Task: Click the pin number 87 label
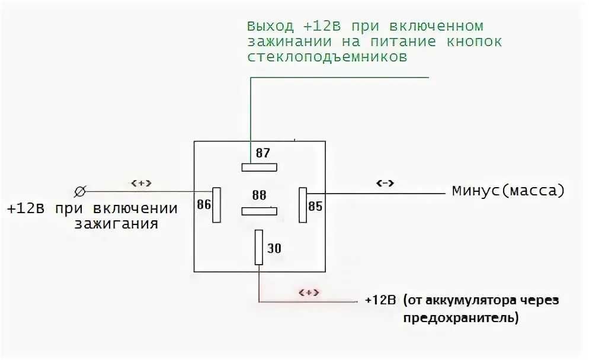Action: tap(263, 153)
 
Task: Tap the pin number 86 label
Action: tap(204, 205)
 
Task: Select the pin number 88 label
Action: tap(259, 195)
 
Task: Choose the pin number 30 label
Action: tap(274, 249)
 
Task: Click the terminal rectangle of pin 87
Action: tap(259, 167)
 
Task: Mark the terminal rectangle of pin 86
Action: tap(217, 205)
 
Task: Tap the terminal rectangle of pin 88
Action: tap(259, 210)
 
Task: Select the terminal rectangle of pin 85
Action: tap(302, 205)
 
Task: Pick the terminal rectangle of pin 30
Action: tap(259, 247)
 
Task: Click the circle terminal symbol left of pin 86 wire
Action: tap(80, 191)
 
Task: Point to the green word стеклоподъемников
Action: tap(327, 57)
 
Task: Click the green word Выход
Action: tap(270, 27)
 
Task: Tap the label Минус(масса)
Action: tap(508, 191)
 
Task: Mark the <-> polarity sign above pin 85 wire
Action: tap(386, 183)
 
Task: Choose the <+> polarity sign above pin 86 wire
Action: tap(141, 183)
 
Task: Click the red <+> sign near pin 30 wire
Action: tap(309, 292)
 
